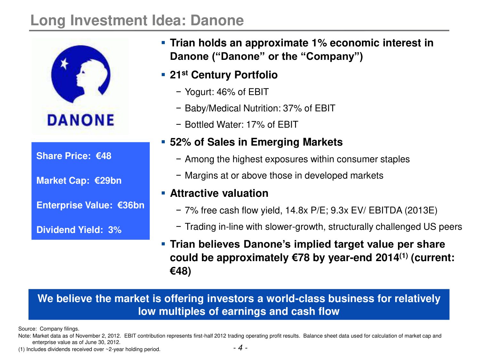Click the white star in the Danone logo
point(64,64)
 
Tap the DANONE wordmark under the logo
point(81,120)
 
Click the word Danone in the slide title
point(217,20)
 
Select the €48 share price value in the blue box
point(103,156)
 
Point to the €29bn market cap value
point(108,180)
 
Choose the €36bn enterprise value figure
point(131,205)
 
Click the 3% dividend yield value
point(115,230)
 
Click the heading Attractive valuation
point(219,193)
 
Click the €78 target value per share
point(301,258)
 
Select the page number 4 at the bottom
point(240,348)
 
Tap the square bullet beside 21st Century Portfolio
point(163,75)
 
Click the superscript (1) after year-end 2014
point(404,255)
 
